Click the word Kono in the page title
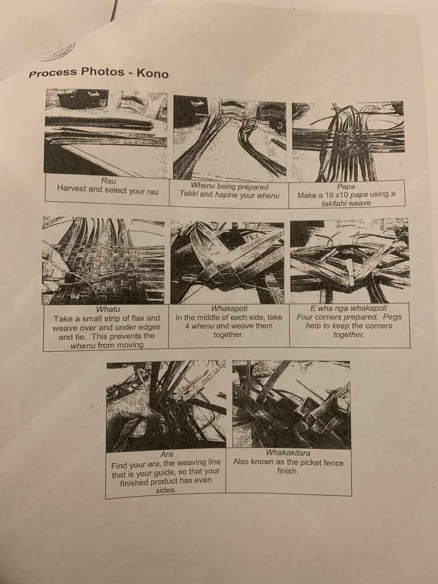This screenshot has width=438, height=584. pyautogui.click(x=153, y=73)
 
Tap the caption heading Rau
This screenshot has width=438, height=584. pyautogui.click(x=108, y=181)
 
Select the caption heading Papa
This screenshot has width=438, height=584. pyautogui.click(x=346, y=186)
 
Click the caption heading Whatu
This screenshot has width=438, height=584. pyautogui.click(x=108, y=309)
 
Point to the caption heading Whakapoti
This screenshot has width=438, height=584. pyautogui.click(x=229, y=309)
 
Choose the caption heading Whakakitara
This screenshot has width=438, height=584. pyautogui.click(x=288, y=453)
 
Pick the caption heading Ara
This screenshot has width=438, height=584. pyautogui.click(x=167, y=455)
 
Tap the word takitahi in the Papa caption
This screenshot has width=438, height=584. pyautogui.click(x=334, y=204)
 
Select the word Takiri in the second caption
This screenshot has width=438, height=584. pyautogui.click(x=188, y=194)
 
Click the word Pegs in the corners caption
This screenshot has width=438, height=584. pyautogui.click(x=392, y=317)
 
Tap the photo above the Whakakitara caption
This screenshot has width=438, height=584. pyautogui.click(x=291, y=404)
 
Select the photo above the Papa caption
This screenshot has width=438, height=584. pyautogui.click(x=348, y=141)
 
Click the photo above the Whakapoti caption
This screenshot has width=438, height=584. pyautogui.click(x=227, y=262)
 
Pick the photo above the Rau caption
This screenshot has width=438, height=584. pyautogui.click(x=106, y=132)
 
